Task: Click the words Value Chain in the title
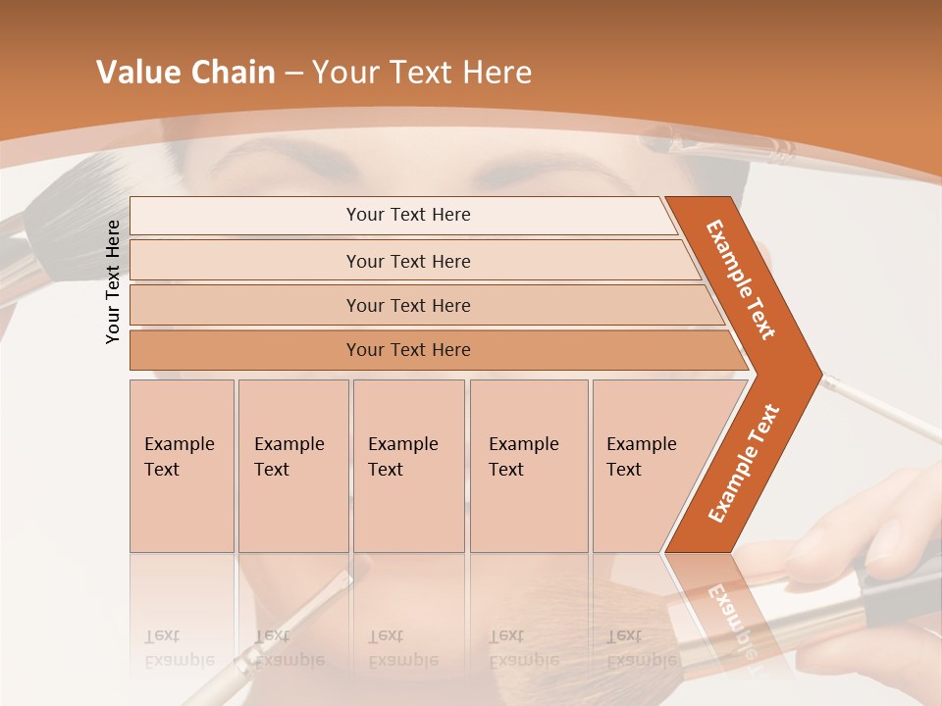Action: [x=185, y=73]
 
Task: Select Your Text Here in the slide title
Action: [x=422, y=73]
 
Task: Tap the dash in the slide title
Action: [x=293, y=74]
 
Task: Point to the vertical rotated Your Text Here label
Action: [x=113, y=281]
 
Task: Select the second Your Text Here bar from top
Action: [x=408, y=261]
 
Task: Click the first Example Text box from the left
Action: [x=182, y=465]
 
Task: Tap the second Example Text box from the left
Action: [x=292, y=465]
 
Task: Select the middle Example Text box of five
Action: [x=408, y=465]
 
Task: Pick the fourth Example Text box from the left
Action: [x=528, y=465]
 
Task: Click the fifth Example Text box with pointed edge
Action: [x=648, y=465]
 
